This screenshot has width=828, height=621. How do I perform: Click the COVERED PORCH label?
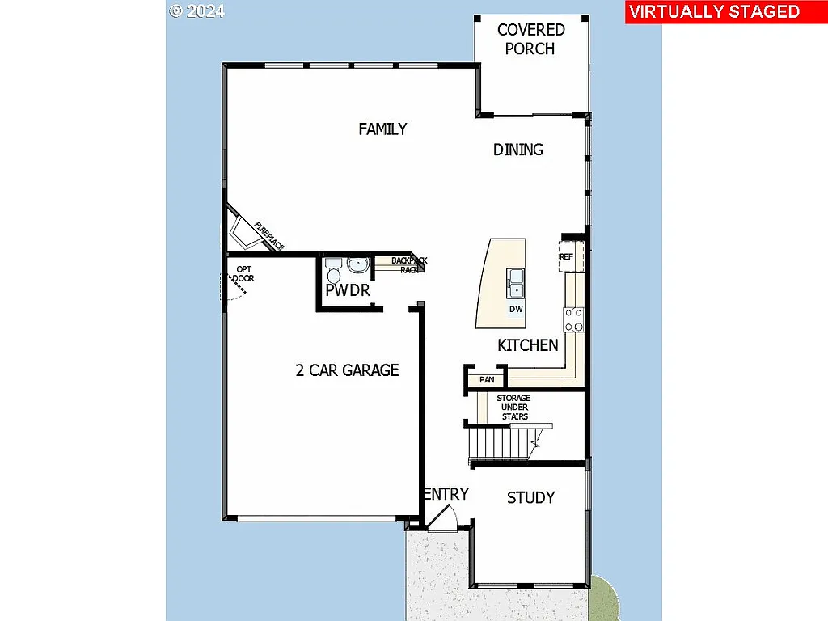530,39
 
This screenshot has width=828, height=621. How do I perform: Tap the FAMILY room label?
382,129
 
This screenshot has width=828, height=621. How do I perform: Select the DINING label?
518,150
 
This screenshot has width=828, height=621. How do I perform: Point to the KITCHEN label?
527,345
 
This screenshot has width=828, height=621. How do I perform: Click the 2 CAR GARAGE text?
347,370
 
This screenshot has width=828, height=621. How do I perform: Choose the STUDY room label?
530,497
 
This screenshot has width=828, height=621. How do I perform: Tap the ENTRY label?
446,494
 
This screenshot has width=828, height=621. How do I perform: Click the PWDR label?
348,290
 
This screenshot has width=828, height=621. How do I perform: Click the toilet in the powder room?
333,266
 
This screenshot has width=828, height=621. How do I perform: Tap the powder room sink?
358,264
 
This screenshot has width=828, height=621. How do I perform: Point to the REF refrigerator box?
568,256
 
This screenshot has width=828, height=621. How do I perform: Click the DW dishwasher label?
515,309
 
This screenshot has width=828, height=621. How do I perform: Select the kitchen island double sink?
515,282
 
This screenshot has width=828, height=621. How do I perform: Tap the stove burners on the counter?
574,320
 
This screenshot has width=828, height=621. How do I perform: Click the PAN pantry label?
487,379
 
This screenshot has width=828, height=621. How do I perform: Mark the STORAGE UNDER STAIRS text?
513,408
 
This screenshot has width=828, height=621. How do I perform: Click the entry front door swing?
441,519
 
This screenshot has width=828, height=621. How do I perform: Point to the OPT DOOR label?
243,274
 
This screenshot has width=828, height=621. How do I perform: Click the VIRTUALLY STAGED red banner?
714,12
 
